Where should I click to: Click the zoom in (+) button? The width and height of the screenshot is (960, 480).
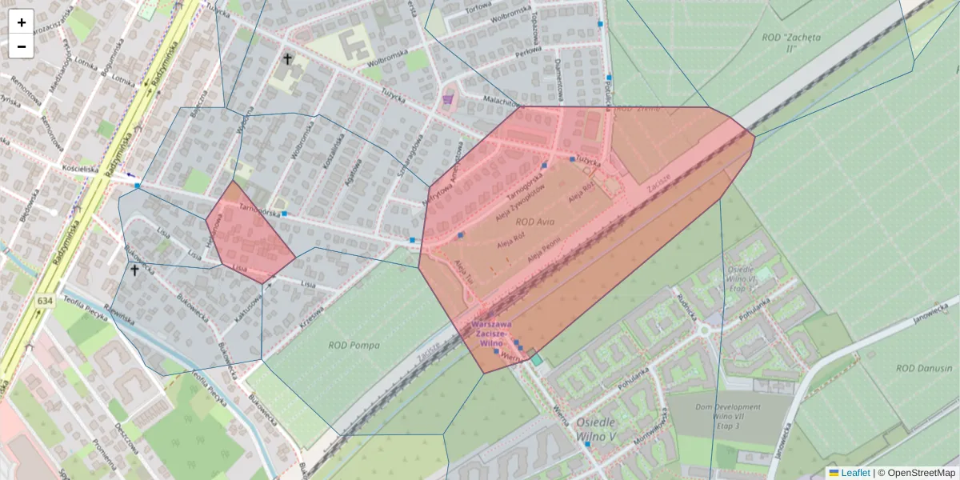click(x=21, y=22)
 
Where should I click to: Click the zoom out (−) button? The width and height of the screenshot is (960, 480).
click(x=21, y=46)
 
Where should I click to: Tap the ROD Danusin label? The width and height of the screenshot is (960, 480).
click(x=917, y=368)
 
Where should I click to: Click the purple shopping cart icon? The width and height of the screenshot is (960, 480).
click(x=447, y=99)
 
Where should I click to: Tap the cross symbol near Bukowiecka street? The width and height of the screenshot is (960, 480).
click(x=134, y=270)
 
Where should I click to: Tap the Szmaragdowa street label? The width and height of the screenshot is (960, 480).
click(x=413, y=156)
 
